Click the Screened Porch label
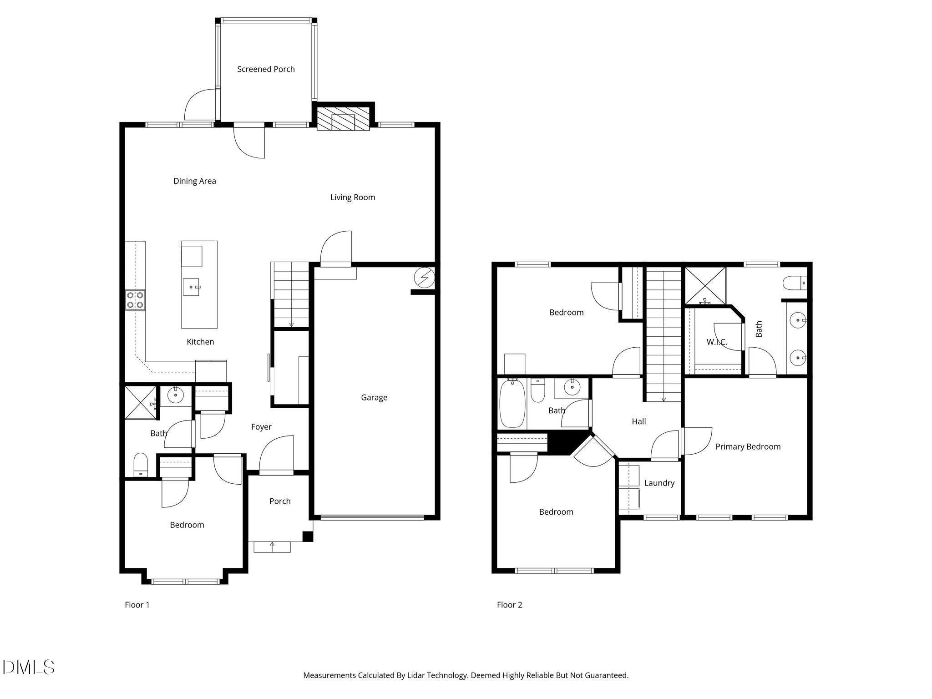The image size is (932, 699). [x=266, y=69]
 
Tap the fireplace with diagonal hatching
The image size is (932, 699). [x=343, y=119]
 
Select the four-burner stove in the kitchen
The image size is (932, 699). [x=135, y=300]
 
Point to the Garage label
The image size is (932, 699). [x=374, y=398]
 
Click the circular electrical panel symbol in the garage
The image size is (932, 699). [x=424, y=277]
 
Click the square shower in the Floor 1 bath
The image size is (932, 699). [x=141, y=402]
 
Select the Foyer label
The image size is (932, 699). [x=261, y=427]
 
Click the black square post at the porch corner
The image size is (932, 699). [x=308, y=537]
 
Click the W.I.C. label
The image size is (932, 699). [x=717, y=342]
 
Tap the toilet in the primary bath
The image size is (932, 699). [x=795, y=283]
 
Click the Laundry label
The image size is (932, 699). [x=659, y=483]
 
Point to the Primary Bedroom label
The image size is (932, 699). [x=748, y=447]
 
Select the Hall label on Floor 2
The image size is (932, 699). [x=638, y=422]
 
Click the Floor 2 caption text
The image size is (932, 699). [x=509, y=605]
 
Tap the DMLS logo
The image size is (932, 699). [x=28, y=667]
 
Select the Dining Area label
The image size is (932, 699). [x=194, y=181]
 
